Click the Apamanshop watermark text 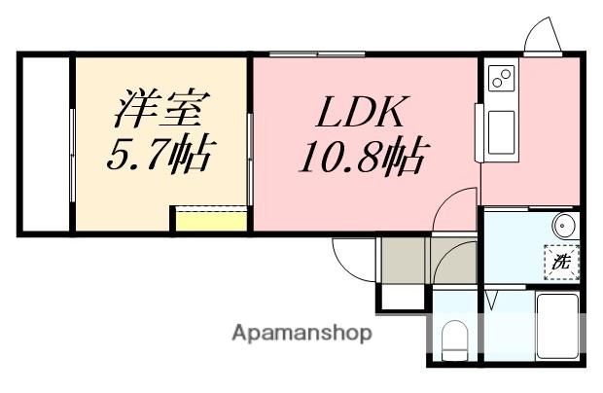[x=301, y=334]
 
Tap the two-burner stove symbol [x=501, y=79]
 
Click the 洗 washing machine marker [x=560, y=262]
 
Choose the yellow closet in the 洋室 [x=210, y=219]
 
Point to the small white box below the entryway [x=401, y=295]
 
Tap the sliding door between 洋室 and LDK [x=250, y=146]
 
